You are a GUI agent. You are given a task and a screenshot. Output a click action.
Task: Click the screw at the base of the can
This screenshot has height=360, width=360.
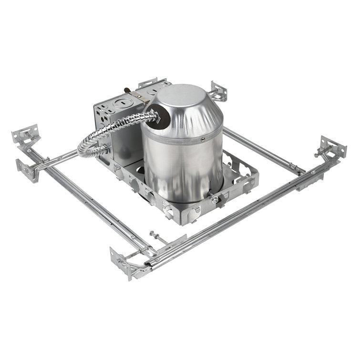[x=215, y=199]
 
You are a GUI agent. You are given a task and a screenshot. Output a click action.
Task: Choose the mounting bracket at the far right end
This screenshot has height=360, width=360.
[x=332, y=147]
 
